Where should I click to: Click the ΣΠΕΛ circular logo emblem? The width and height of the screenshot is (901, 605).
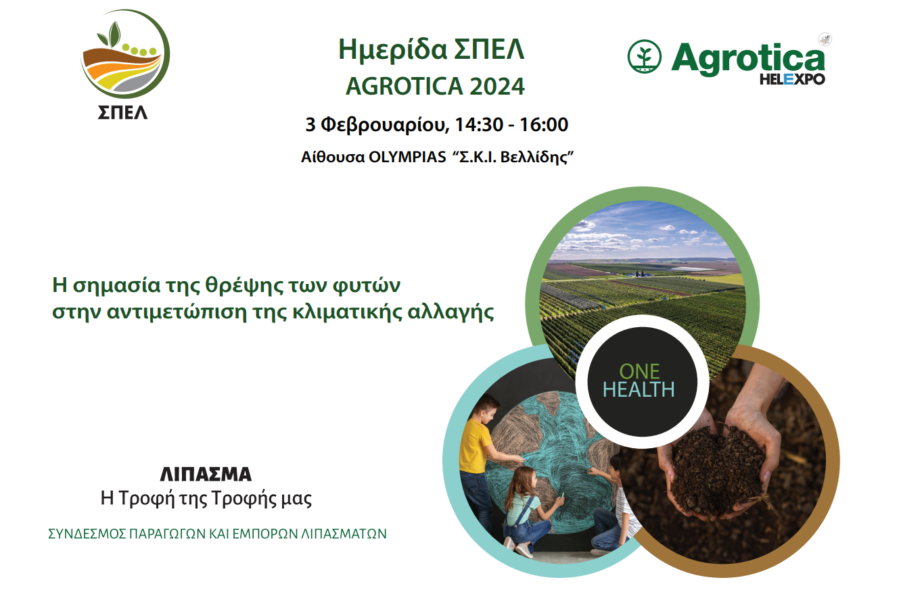[x=125, y=54]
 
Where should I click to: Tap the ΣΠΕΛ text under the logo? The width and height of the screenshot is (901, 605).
[x=122, y=113]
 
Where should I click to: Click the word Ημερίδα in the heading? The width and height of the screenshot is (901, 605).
[x=392, y=50]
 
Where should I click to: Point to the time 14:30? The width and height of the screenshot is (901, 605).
[x=479, y=124]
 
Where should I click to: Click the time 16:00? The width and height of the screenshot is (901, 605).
[x=545, y=124]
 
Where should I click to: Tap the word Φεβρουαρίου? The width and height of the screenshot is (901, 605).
[x=385, y=126]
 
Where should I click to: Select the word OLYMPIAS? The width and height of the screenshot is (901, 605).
[x=407, y=158]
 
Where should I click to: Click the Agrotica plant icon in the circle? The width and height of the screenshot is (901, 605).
[x=645, y=56]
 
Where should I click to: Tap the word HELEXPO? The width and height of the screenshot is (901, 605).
[x=792, y=79]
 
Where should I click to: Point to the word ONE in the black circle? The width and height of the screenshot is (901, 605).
[x=639, y=371]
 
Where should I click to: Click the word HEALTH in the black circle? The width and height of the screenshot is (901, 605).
[x=639, y=389]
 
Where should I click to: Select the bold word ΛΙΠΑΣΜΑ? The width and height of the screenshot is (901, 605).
[x=206, y=475]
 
